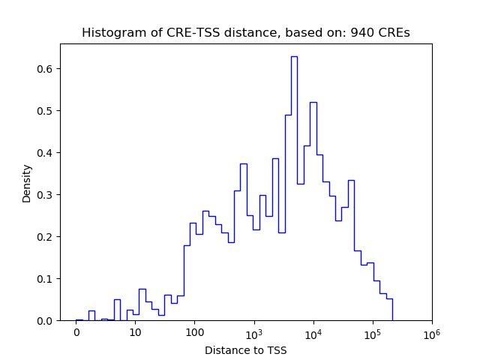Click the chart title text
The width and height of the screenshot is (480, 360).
pyautogui.click(x=245, y=33)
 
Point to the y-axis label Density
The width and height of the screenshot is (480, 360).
pyautogui.click(x=27, y=183)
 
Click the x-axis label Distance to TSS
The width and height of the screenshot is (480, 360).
pyautogui.click(x=245, y=349)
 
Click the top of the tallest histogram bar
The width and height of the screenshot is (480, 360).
pyautogui.click(x=294, y=56)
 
